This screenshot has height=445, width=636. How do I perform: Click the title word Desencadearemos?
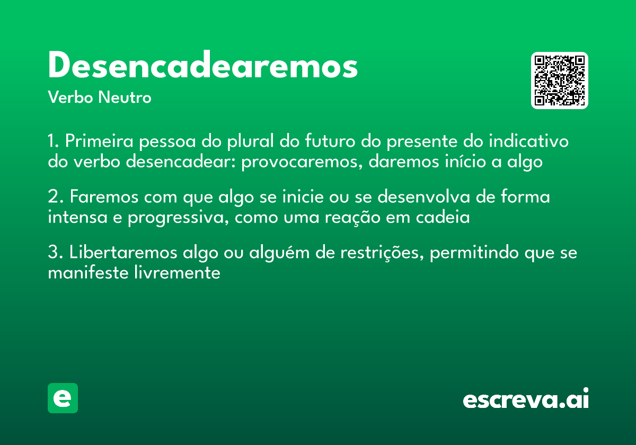tap(202, 66)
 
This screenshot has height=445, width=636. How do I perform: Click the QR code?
tap(559, 81)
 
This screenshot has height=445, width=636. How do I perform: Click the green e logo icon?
tap(63, 398)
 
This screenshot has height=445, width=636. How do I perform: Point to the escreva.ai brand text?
tap(526, 399)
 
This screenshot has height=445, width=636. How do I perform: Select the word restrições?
tap(377, 253)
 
